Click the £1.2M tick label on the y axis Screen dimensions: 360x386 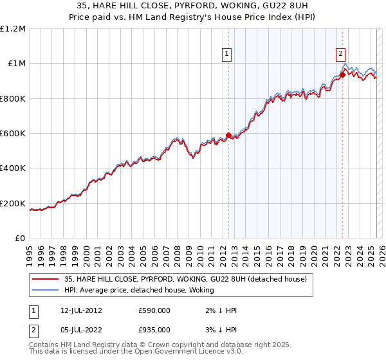coord(13,29)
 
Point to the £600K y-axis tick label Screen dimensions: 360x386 coord(13,134)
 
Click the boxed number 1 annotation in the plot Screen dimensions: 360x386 coord(228,55)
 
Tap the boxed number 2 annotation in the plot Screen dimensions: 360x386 coord(340,55)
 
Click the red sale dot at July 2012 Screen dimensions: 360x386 coord(228,136)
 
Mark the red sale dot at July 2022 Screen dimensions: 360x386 coord(342,75)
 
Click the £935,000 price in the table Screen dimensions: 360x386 coord(154,329)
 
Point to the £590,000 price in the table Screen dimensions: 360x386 coord(154,310)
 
